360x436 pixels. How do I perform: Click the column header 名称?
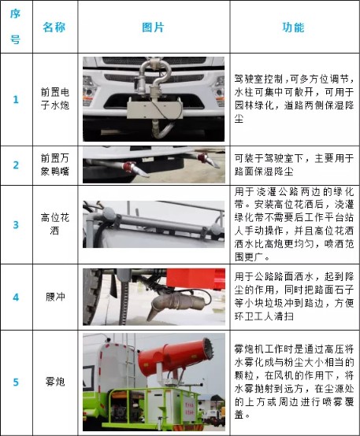(54, 27)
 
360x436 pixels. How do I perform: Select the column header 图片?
(153, 27)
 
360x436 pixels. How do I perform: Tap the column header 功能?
(293, 27)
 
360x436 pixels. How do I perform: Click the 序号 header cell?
(15, 27)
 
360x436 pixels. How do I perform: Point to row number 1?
(15, 99)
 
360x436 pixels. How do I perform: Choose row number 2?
(15, 165)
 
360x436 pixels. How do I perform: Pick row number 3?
(15, 224)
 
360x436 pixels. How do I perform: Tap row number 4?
(15, 297)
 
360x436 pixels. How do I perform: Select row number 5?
(15, 382)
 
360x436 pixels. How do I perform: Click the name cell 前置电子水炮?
(54, 99)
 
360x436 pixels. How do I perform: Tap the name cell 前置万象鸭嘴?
(54, 165)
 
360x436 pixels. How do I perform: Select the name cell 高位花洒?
(54, 224)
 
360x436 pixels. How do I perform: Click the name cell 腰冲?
(54, 297)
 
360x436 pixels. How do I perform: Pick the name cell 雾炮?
(54, 382)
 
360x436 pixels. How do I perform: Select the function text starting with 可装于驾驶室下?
(293, 165)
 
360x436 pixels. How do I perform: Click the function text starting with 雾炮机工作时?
(293, 382)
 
